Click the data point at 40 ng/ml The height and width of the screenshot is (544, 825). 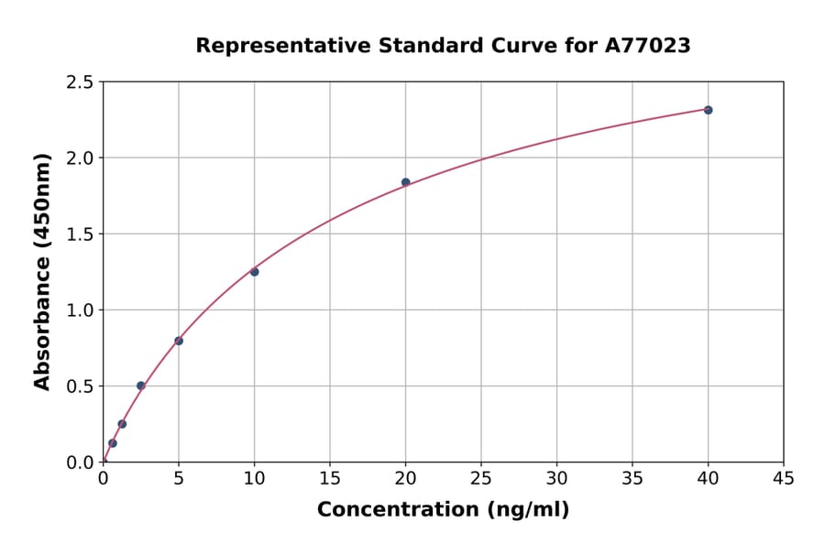click(x=708, y=110)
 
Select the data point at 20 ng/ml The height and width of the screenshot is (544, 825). click(x=405, y=182)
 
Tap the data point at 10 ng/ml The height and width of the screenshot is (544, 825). click(x=254, y=272)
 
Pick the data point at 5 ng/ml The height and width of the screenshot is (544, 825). click(x=179, y=341)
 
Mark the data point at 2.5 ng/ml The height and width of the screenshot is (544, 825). click(x=140, y=386)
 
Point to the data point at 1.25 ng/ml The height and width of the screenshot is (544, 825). click(x=122, y=424)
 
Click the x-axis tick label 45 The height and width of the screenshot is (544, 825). click(x=784, y=478)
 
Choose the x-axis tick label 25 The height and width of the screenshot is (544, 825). click(x=481, y=478)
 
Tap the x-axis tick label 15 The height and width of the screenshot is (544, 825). click(x=330, y=478)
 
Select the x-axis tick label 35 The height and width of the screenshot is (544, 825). click(x=632, y=478)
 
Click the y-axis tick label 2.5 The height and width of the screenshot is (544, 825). click(x=79, y=82)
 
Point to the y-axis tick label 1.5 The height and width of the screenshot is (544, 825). click(x=79, y=234)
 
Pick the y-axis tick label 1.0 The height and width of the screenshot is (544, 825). click(x=79, y=310)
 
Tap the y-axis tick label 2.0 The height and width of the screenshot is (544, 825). click(x=79, y=158)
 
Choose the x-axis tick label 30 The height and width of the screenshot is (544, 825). click(x=556, y=478)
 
